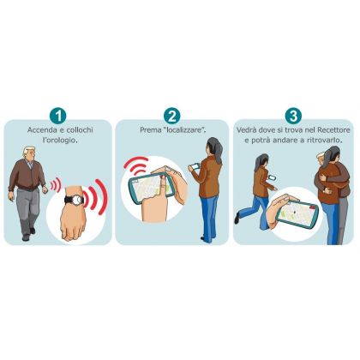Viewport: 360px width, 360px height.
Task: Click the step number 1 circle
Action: [57, 116]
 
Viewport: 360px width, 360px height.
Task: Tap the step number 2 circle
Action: [171, 116]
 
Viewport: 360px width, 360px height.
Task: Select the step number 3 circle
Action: [293, 116]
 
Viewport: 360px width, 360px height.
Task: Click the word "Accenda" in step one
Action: [42, 130]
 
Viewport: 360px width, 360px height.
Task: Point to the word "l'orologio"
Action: [60, 141]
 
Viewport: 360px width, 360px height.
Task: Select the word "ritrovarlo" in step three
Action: [324, 141]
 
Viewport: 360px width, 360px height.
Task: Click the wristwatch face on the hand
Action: [77, 200]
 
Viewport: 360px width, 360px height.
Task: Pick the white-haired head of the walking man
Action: [29, 154]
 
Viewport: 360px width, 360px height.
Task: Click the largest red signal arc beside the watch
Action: [102, 197]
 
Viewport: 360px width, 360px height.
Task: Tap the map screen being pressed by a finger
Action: [150, 188]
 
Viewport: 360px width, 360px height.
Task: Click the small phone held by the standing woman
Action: [194, 166]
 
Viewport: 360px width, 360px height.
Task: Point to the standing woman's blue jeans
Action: [209, 217]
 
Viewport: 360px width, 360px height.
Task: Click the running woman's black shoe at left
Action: [237, 218]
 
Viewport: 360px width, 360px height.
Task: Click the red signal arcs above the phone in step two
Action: [136, 165]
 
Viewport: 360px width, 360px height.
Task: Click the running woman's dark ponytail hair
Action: [261, 163]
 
